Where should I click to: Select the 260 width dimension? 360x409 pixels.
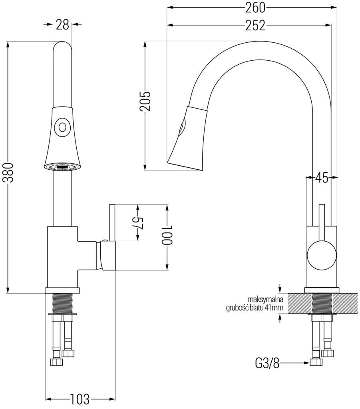coord(255,7)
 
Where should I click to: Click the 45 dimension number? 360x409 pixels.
coord(322,178)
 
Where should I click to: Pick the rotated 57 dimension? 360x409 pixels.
coord(137,223)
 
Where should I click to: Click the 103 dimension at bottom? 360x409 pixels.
coord(80,399)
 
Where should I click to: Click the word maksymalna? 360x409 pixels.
coord(265,299)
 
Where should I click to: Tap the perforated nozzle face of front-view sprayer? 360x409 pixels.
coord(62,167)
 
